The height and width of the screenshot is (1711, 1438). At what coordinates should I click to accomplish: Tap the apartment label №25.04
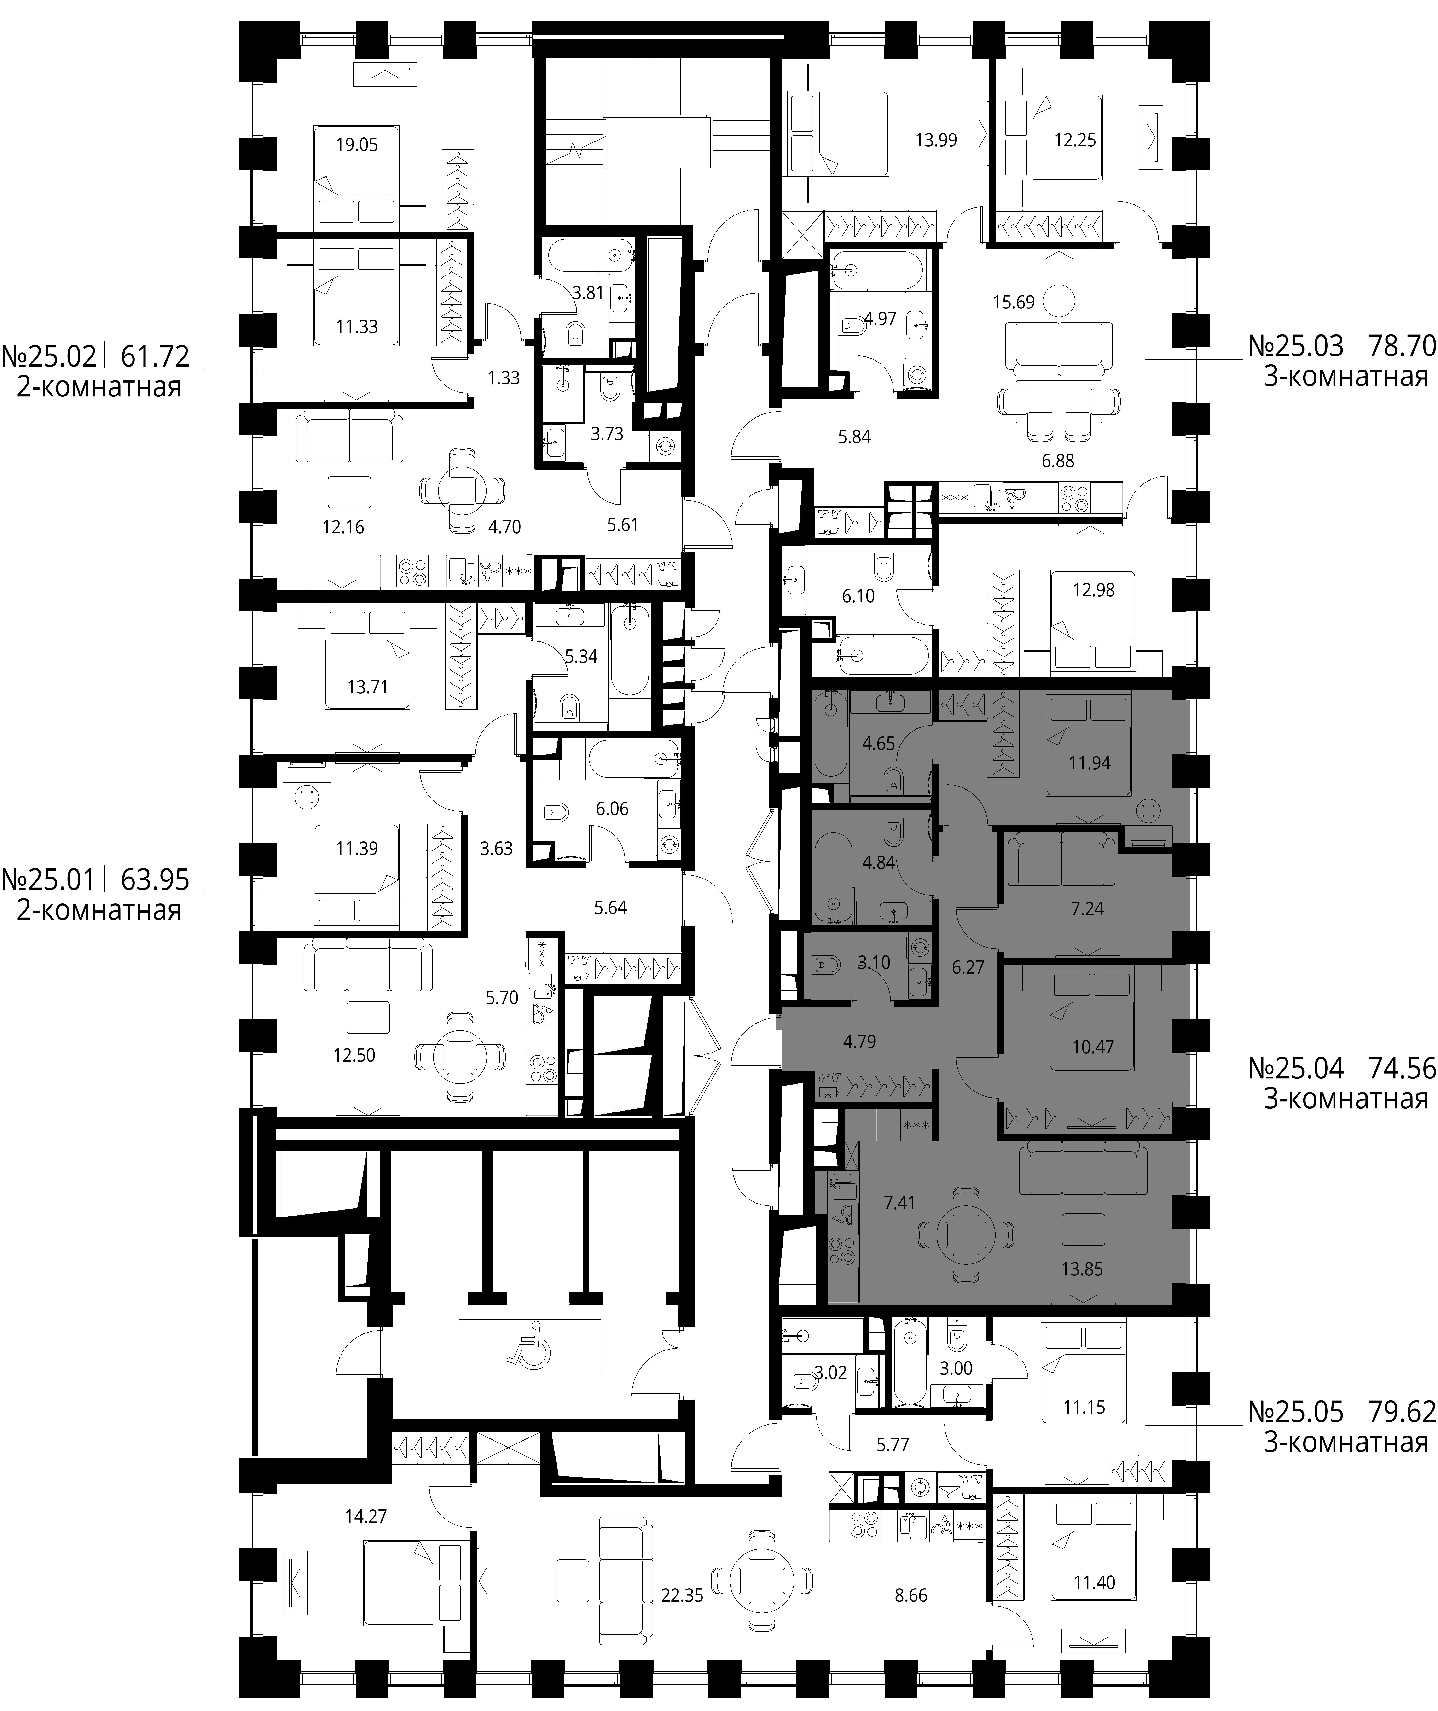[x=1295, y=1069]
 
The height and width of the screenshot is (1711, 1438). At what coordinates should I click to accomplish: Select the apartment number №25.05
[x=1295, y=1411]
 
